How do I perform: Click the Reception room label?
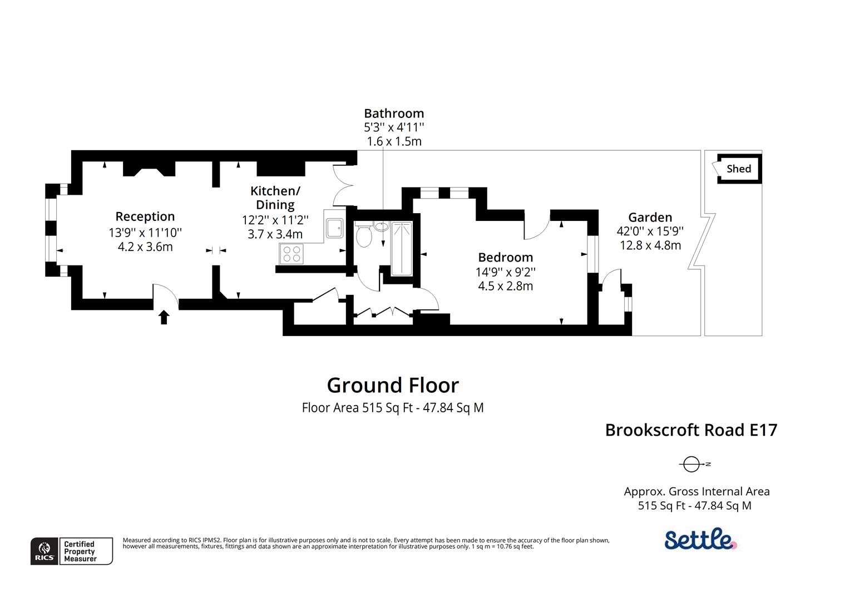[145, 216]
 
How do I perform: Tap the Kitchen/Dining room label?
[275, 198]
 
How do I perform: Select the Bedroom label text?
[505, 257]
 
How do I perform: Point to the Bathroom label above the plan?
[394, 114]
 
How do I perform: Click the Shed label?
[738, 169]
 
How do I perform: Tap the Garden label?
[650, 217]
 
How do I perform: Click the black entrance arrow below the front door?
[164, 317]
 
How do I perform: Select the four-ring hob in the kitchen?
[291, 254]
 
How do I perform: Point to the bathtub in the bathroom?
[402, 248]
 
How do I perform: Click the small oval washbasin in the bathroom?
[382, 226]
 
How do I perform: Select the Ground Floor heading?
[393, 385]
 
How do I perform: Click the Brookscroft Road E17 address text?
[691, 430]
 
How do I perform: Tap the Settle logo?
[700, 539]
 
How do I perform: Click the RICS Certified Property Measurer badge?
[72, 551]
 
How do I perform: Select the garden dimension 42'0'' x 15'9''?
[650, 231]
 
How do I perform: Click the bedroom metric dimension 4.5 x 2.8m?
[505, 286]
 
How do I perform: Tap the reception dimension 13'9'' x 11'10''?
[145, 232]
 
